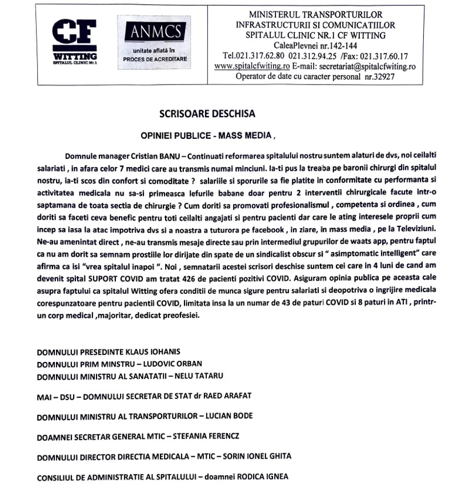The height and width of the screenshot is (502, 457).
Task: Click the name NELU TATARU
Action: coord(194,376)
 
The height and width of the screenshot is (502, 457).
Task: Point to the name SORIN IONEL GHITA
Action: coord(258,456)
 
